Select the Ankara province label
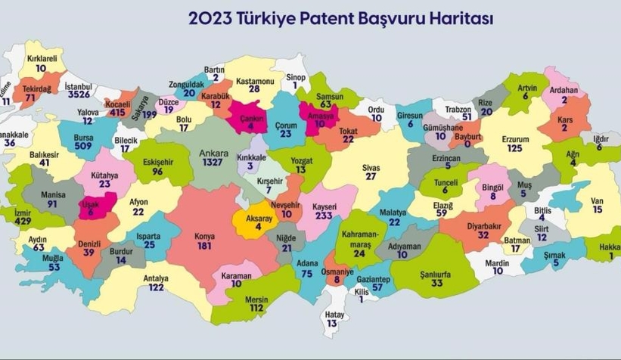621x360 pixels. pyautogui.click(x=213, y=152)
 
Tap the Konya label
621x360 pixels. pyautogui.click(x=204, y=236)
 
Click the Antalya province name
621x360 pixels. pyautogui.click(x=157, y=278)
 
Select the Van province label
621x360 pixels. pyautogui.click(x=598, y=200)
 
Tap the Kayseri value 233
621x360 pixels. pyautogui.click(x=324, y=216)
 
